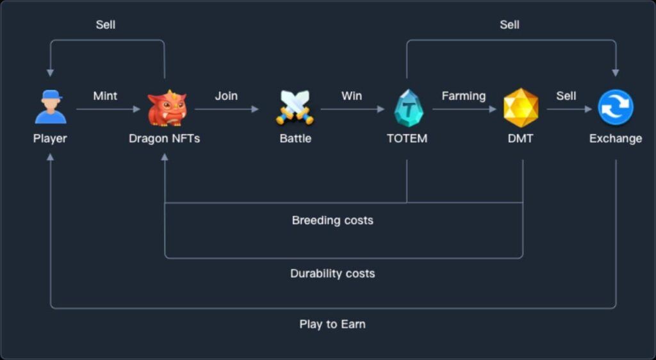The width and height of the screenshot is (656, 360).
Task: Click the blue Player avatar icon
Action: click(50, 107)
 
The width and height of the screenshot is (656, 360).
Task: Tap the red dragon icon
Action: click(167, 108)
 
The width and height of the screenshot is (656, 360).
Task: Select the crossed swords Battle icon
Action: click(295, 107)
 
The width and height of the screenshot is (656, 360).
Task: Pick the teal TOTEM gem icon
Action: click(407, 108)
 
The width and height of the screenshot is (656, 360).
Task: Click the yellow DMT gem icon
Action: click(521, 108)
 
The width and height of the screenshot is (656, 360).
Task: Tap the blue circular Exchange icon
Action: click(616, 108)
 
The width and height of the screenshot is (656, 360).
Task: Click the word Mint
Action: click(105, 96)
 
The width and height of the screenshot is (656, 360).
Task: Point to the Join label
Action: click(226, 96)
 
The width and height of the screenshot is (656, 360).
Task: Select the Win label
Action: click(351, 96)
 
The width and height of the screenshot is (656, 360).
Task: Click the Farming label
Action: click(463, 96)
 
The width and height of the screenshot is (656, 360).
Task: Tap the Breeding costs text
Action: click(332, 220)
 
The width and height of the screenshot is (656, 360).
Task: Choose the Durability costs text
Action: click(332, 274)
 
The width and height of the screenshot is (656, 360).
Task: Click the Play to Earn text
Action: click(332, 324)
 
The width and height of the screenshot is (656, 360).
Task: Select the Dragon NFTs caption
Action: click(164, 138)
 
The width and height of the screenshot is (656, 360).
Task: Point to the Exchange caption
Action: click(615, 138)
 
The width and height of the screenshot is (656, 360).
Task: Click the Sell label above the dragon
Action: click(106, 25)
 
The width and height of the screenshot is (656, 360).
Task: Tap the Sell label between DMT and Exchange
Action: click(566, 96)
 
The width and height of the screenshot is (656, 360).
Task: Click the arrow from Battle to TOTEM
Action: click(352, 110)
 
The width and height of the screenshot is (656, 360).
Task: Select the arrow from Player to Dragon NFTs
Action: click(108, 110)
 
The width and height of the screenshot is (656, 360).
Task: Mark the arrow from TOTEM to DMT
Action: click(464, 110)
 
